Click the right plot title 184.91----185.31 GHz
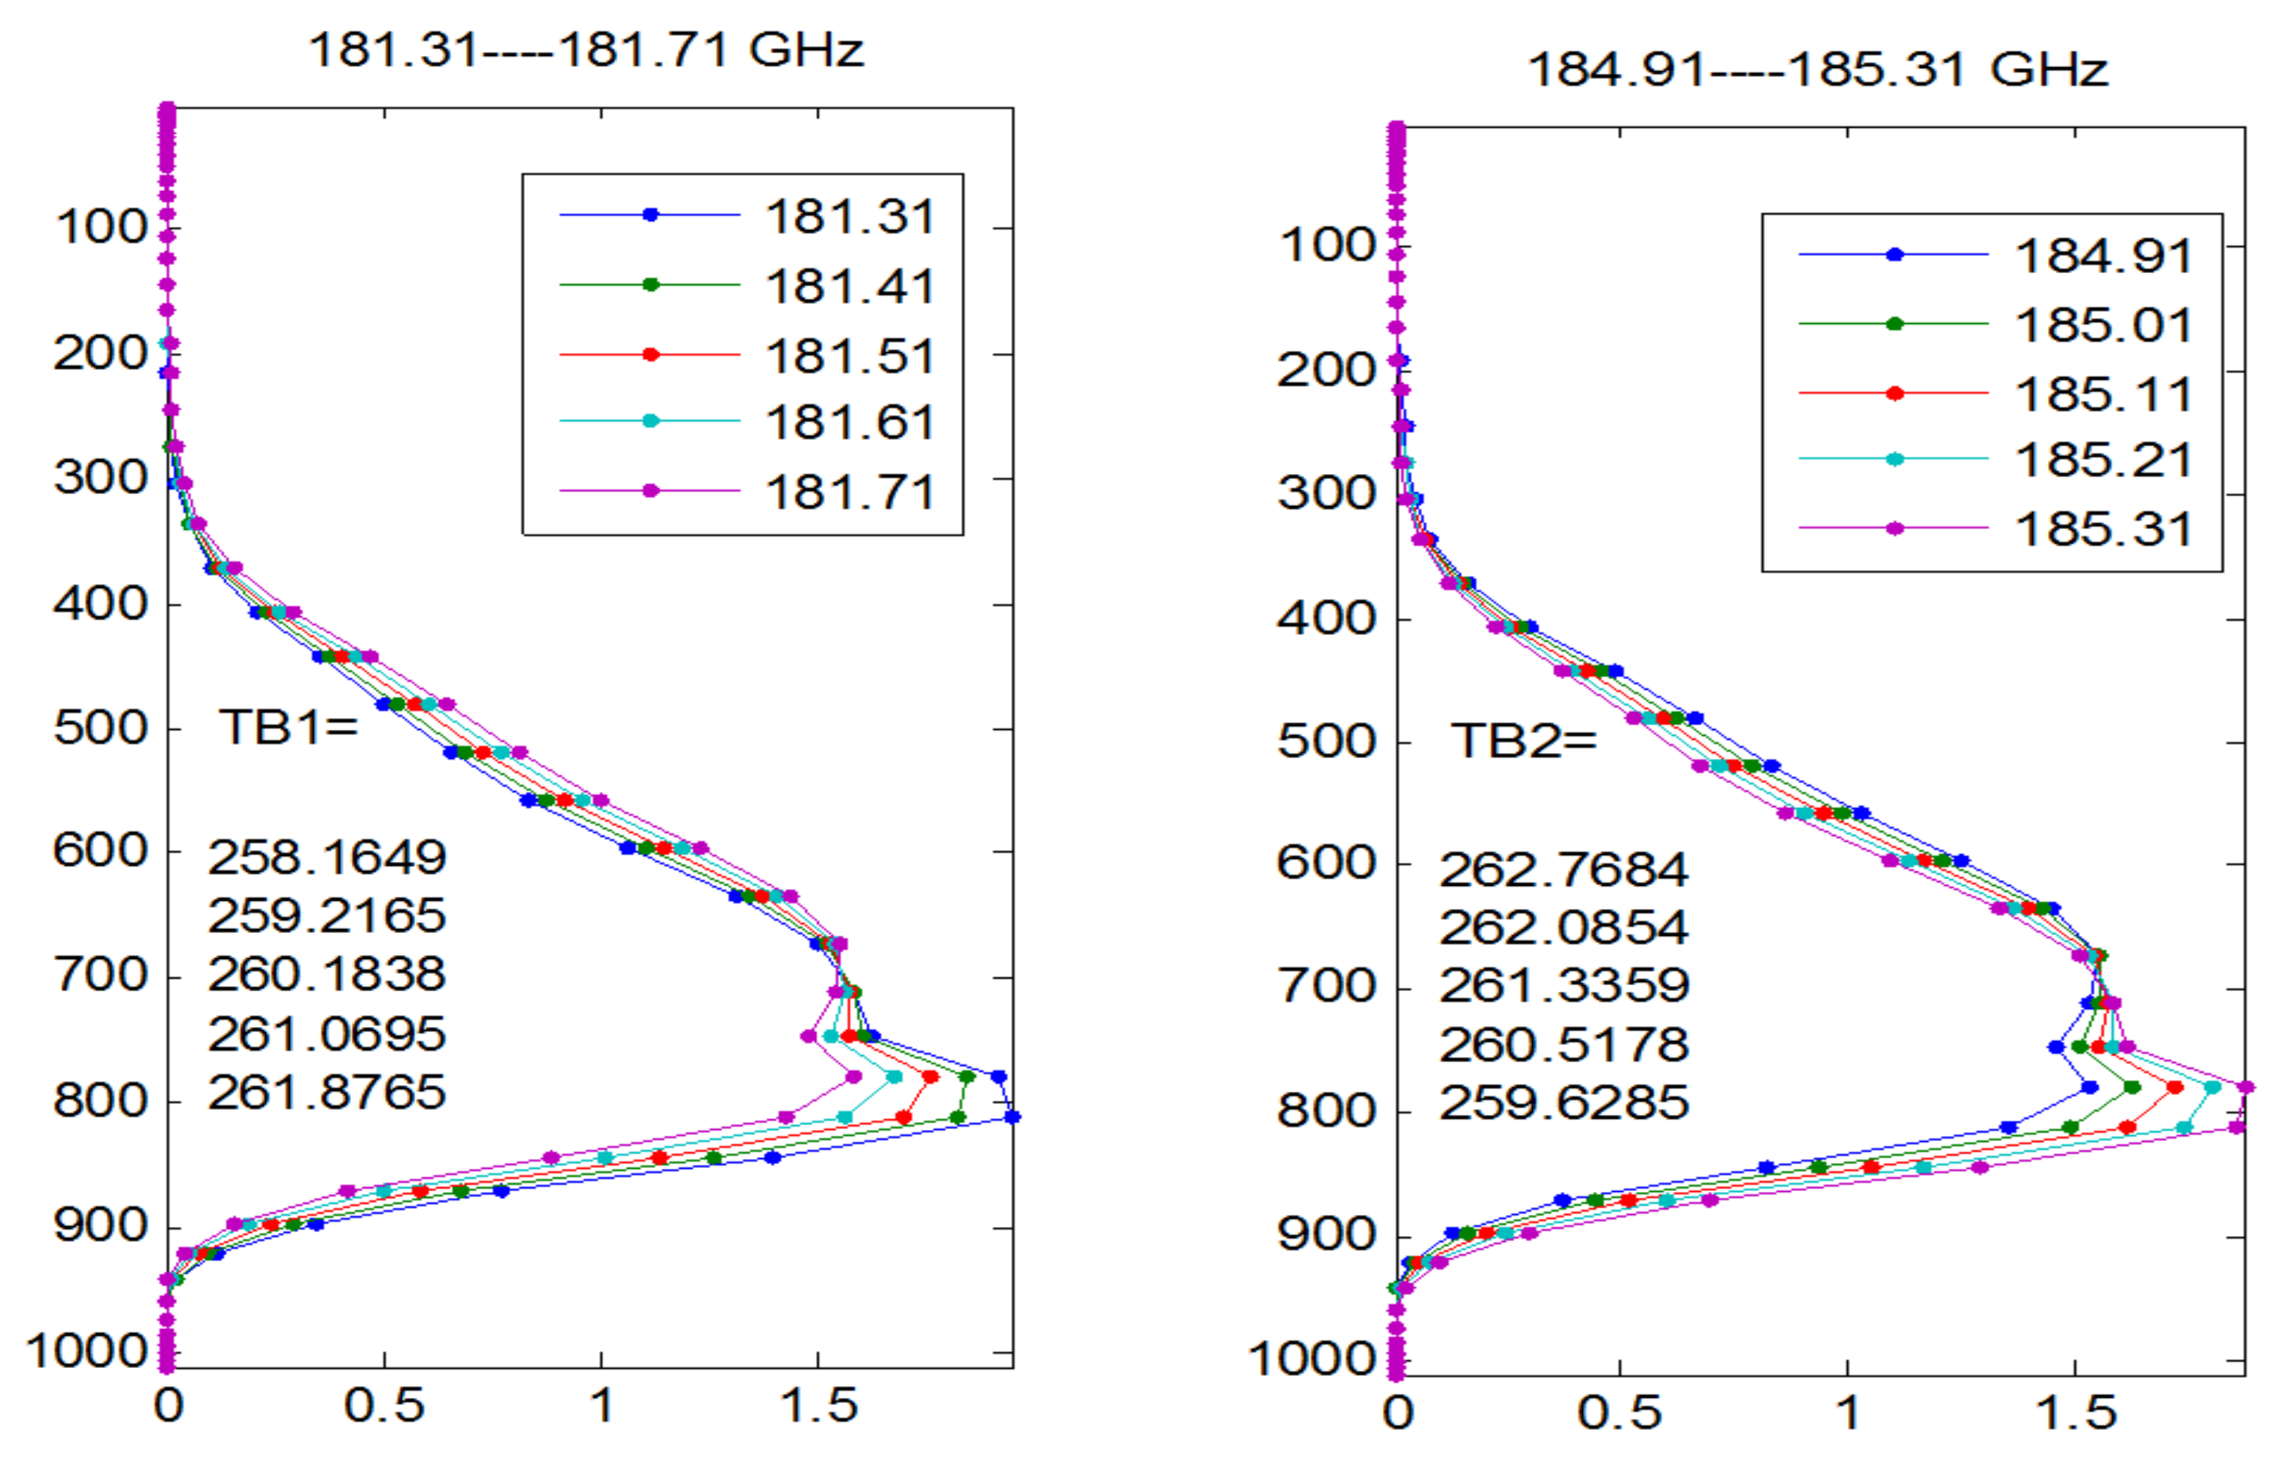[x=1817, y=69]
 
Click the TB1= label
[x=288, y=727]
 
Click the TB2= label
[x=1522, y=740]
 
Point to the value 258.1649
[x=326, y=857]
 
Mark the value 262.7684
[x=1563, y=869]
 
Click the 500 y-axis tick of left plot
[x=101, y=728]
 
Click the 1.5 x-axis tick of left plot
[x=818, y=1406]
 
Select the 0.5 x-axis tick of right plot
[x=1620, y=1413]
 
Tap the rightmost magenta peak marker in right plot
[x=2244, y=1087]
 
